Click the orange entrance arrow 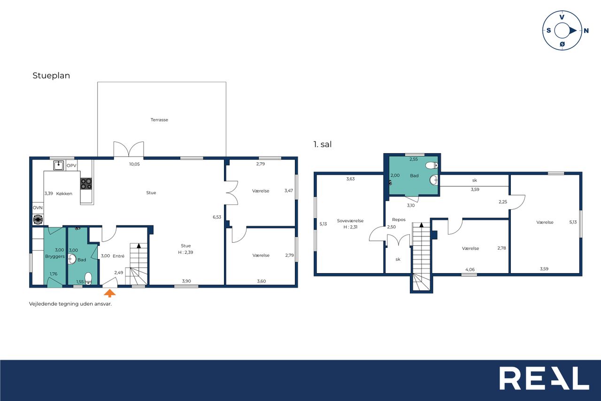(109, 293)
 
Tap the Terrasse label (159, 120)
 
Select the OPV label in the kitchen (71, 165)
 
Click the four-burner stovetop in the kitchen (86, 184)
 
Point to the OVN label (38, 208)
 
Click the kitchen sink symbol (59, 165)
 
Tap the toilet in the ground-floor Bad (88, 278)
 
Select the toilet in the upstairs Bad (431, 165)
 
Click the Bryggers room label (55, 257)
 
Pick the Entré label (119, 256)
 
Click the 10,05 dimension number (134, 164)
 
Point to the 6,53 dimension (217, 217)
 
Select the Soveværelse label (350, 221)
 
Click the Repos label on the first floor (399, 220)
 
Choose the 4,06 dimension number (470, 269)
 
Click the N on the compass (586, 31)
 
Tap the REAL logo (544, 378)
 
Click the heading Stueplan (51, 76)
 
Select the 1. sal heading (323, 144)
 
